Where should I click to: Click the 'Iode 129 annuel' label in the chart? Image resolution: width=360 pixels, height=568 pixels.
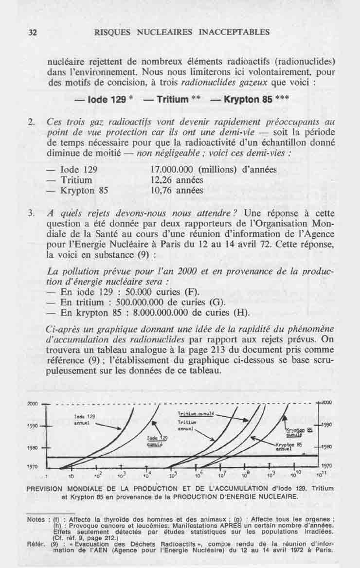84,420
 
